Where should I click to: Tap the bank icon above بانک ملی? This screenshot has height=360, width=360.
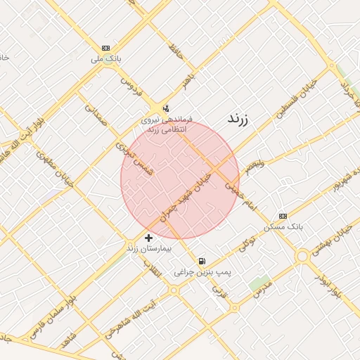pyautogui.click(x=105, y=48)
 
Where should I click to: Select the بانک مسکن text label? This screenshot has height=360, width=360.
pyautogui.click(x=283, y=227)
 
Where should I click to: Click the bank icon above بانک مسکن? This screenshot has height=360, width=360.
pyautogui.click(x=283, y=216)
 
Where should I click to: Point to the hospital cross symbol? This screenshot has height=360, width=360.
pyautogui.click(x=148, y=238)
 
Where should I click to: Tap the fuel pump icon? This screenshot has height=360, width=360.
pyautogui.click(x=202, y=260)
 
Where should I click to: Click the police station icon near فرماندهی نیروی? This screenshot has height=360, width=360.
pyautogui.click(x=166, y=108)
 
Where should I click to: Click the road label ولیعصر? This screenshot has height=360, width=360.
pyautogui.click(x=250, y=167)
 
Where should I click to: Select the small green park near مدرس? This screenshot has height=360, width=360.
pyautogui.click(x=258, y=284)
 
